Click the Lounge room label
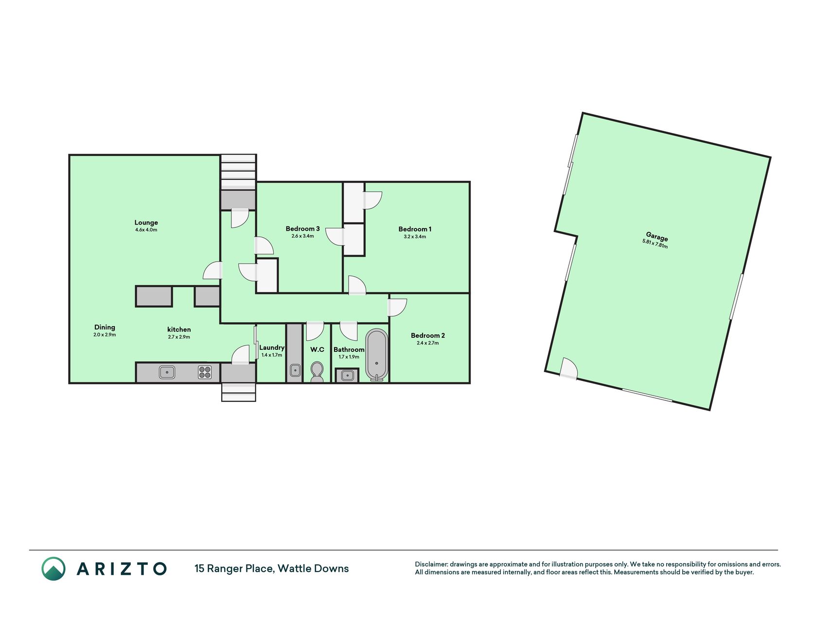146,223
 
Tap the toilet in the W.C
317,372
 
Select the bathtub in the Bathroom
377,354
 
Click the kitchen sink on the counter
167,373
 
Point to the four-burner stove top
205,373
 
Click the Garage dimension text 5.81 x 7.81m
655,243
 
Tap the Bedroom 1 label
415,229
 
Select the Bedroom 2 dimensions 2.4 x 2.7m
428,343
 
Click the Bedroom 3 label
302,228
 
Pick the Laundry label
272,347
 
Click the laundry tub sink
295,371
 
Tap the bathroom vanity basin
347,375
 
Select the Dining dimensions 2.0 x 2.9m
105,335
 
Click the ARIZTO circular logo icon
53,569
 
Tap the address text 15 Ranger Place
233,569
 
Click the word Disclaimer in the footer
430,564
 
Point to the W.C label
317,349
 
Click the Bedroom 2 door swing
397,308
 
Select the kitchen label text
179,329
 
